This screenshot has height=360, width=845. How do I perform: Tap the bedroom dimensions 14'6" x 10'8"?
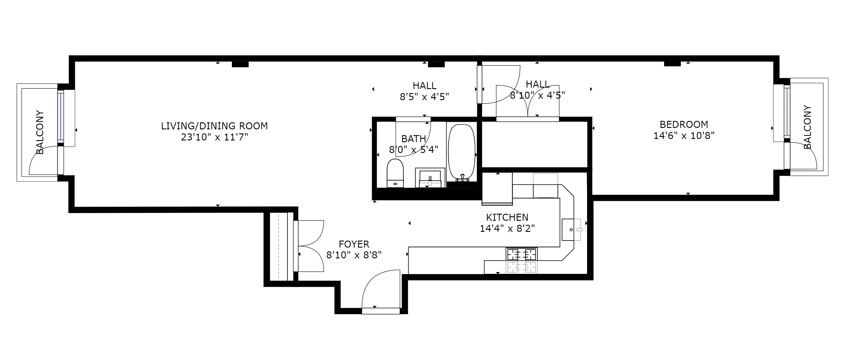pos(684,135)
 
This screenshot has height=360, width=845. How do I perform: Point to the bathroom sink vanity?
pos(430,178)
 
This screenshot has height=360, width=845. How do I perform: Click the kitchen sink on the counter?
pos(571,229)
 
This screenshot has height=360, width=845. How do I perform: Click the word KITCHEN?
pos(507,217)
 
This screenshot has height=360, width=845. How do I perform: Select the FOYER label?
pos(354,244)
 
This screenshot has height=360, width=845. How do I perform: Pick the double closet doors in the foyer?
pos(310,246)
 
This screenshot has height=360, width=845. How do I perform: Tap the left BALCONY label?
pos(40,132)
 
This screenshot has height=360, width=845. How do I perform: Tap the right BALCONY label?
pos(807,127)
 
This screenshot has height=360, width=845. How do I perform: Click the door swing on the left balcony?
pos(43,161)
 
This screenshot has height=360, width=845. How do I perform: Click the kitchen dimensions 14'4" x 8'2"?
pos(507,228)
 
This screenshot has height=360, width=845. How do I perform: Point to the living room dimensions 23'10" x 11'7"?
pos(214,137)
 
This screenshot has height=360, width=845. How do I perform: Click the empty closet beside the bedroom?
pos(534,145)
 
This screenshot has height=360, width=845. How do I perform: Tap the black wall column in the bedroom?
pos(672,64)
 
